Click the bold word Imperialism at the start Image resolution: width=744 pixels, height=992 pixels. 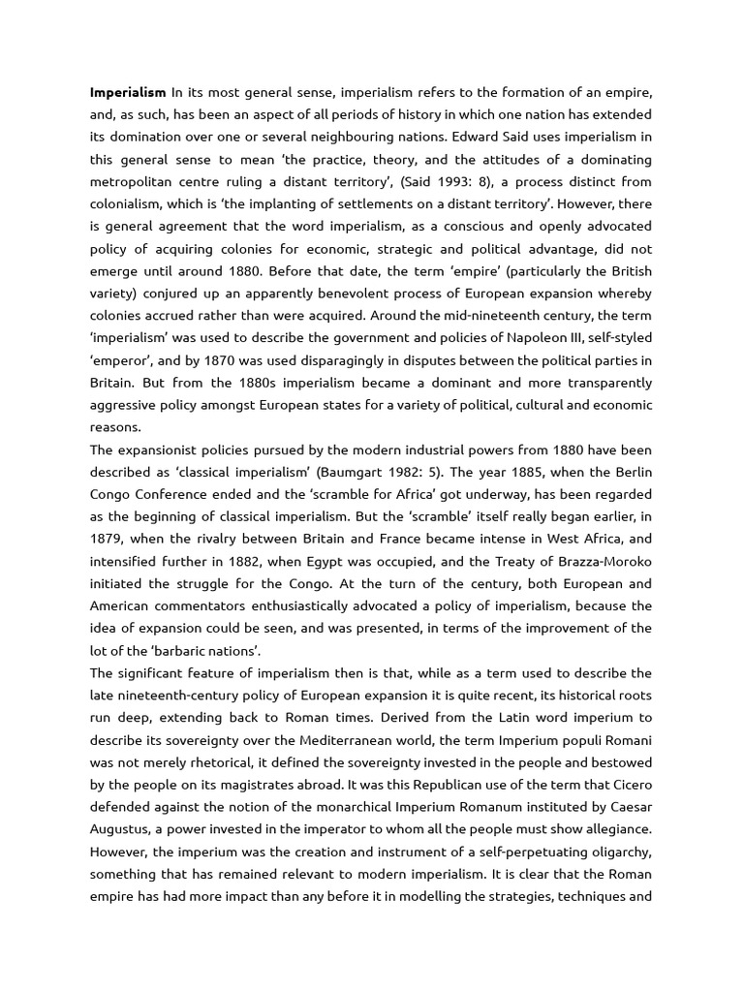point(128,93)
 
